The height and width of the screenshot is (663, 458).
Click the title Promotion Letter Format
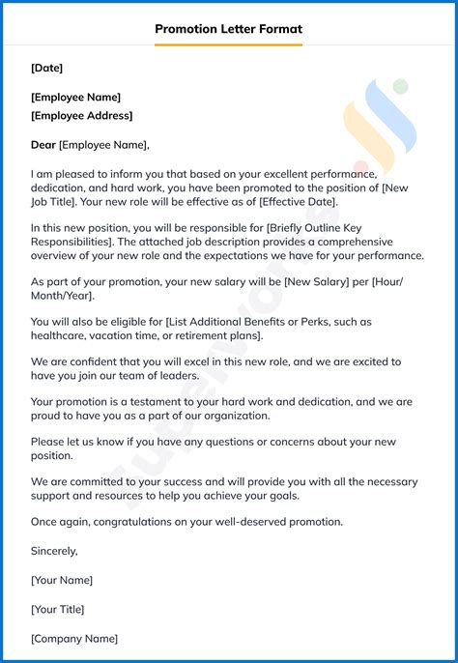[229, 29]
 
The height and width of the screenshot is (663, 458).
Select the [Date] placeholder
[46, 68]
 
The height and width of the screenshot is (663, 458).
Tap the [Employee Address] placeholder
[82, 116]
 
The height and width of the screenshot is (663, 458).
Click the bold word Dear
[43, 145]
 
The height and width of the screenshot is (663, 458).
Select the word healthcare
[60, 335]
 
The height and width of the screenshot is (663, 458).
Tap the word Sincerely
[54, 551]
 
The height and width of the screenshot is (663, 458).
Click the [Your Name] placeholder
[62, 580]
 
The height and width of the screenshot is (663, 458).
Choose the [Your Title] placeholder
[58, 610]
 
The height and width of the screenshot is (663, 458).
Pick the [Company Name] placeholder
[74, 639]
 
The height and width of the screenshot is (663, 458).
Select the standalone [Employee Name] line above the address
[76, 97]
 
